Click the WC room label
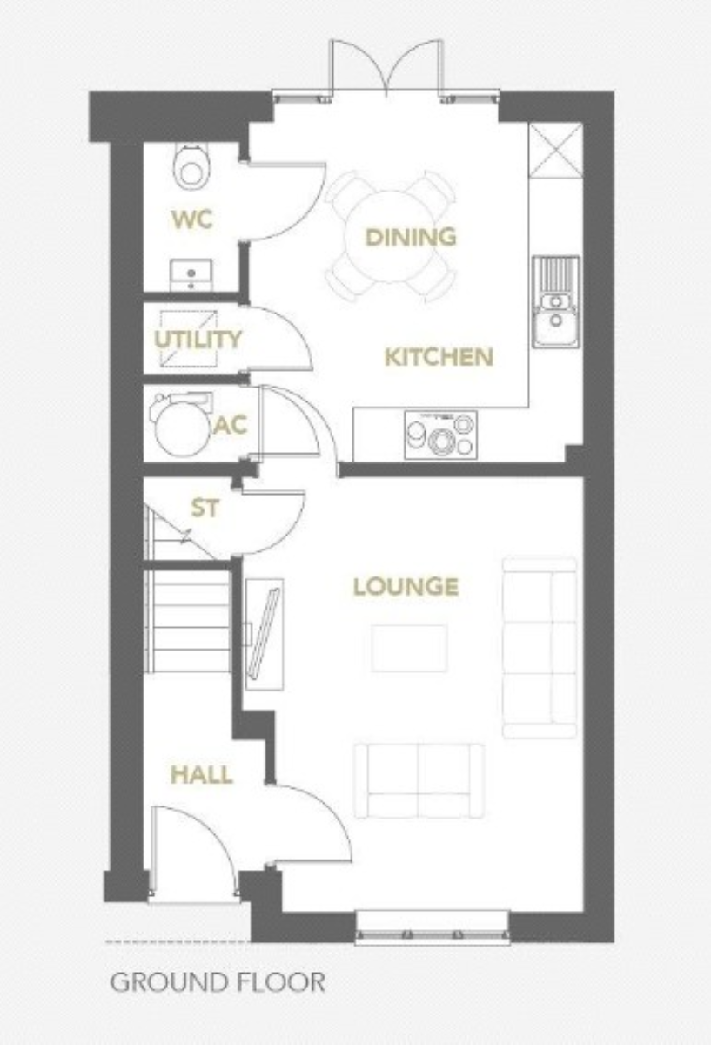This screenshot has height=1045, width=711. [x=192, y=219]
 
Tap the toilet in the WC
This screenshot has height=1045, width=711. [x=191, y=165]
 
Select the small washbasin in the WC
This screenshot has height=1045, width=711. [x=191, y=273]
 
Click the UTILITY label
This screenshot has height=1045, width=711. [x=198, y=339]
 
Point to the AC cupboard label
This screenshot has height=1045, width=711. [x=231, y=426]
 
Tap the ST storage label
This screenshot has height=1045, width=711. [x=205, y=508]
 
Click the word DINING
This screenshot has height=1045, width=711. [x=411, y=237]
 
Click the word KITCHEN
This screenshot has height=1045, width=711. [x=439, y=357]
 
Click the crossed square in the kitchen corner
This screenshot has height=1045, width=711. [x=555, y=149]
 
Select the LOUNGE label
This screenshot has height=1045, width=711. [x=406, y=587]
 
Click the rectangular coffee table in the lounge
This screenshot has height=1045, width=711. [x=410, y=648]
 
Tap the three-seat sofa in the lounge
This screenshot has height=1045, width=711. [x=540, y=648]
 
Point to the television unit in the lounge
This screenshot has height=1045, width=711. [x=264, y=633]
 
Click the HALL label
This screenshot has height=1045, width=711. [x=202, y=774]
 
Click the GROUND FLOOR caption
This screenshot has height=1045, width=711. [x=218, y=983]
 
